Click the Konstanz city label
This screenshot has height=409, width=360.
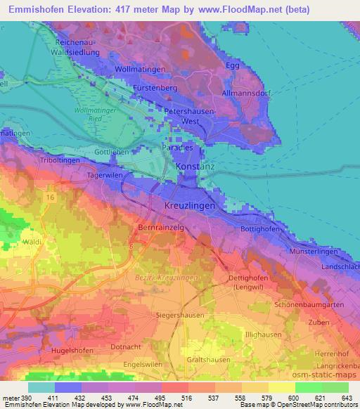coord(190,169)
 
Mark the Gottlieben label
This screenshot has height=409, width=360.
coord(112,152)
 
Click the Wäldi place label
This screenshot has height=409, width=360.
coord(31,241)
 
